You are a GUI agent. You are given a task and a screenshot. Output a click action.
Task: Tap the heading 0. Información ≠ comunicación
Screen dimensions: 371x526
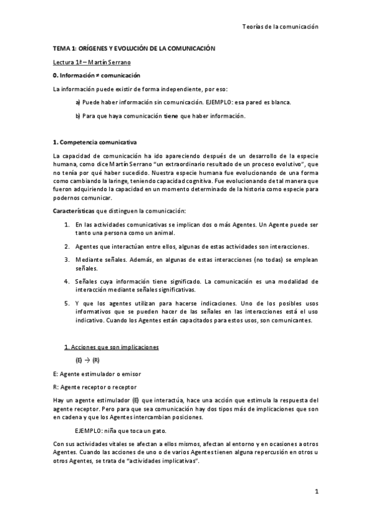[102, 75]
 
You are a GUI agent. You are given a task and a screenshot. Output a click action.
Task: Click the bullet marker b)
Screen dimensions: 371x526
[78, 115]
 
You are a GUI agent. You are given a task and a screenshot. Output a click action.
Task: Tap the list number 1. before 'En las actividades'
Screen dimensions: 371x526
[67, 225]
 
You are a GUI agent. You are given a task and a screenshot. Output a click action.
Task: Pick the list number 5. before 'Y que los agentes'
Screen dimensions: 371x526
[67, 303]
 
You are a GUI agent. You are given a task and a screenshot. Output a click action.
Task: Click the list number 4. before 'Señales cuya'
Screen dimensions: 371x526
[67, 282]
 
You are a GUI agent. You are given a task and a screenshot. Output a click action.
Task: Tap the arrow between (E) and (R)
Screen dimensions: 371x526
[87, 360]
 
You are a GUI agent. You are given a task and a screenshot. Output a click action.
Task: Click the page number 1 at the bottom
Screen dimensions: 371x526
[316, 493]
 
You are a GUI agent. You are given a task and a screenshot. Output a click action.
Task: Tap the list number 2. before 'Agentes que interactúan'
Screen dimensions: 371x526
[67, 246]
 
